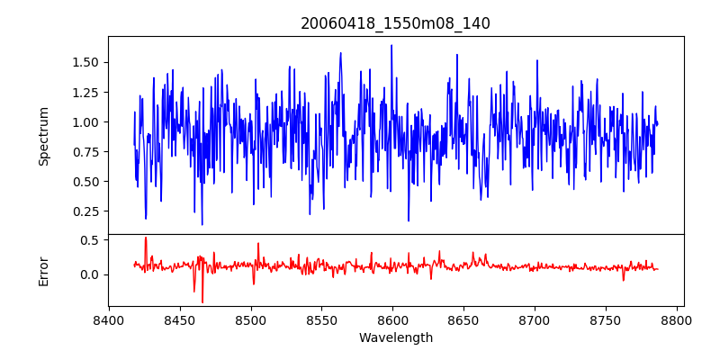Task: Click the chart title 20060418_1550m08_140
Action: pyautogui.click(x=395, y=23)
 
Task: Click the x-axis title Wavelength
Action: pyautogui.click(x=395, y=337)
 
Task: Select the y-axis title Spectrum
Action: pyautogui.click(x=44, y=135)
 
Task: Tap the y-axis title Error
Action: pyautogui.click(x=44, y=270)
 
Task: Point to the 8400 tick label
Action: pyautogui.click(x=109, y=320)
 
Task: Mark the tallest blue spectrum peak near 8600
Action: pyautogui.click(x=391, y=45)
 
